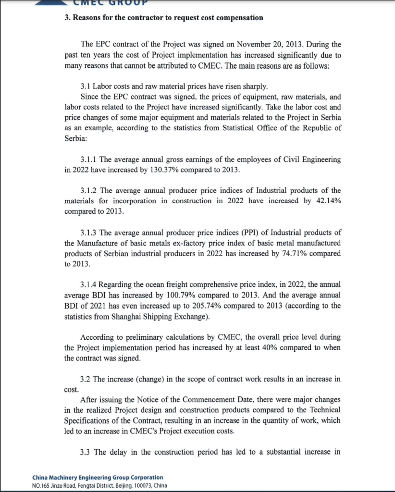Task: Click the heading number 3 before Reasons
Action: pyautogui.click(x=67, y=18)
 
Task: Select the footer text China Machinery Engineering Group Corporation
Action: pyautogui.click(x=98, y=478)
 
